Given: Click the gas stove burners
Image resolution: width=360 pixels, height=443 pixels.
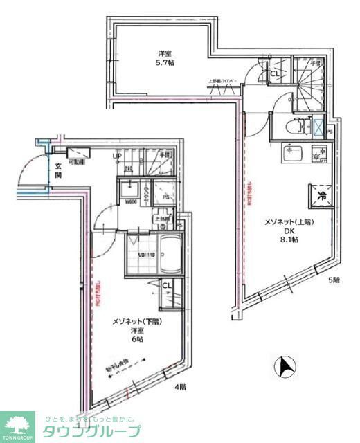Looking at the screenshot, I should (318, 155).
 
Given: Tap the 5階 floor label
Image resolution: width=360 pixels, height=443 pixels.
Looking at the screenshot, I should (334, 280).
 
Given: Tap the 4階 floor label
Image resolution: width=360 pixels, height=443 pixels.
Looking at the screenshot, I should (180, 387).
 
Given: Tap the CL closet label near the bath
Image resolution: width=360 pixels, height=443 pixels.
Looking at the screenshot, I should (168, 285).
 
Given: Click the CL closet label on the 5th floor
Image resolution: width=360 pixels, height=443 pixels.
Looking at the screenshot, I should (274, 73).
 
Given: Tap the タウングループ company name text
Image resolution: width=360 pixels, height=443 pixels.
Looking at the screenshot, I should (90, 431).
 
